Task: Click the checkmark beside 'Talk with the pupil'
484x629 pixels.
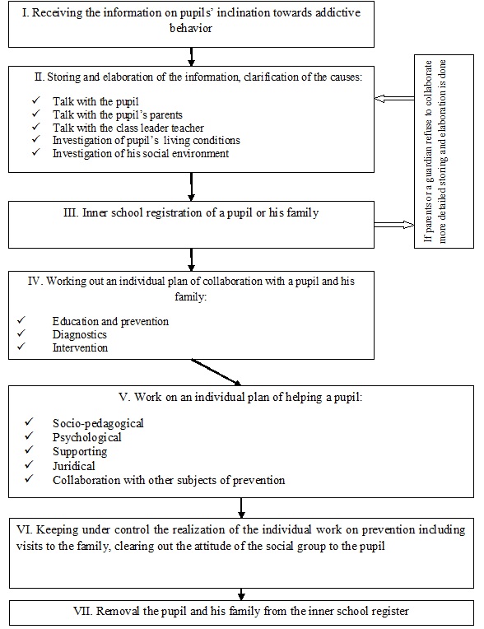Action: click(36, 100)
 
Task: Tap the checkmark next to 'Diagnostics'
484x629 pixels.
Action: click(21, 333)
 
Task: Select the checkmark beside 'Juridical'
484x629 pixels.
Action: click(29, 464)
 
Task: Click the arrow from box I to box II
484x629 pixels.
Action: click(191, 57)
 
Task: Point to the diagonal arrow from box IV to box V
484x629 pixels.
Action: click(216, 372)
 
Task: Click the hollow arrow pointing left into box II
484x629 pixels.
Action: click(394, 98)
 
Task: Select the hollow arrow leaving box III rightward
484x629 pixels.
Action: click(394, 225)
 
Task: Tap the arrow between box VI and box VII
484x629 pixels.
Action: click(241, 594)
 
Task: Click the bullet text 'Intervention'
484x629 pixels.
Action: click(80, 347)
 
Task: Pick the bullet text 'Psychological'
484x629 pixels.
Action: click(87, 437)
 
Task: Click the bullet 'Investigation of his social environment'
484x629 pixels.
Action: click(141, 153)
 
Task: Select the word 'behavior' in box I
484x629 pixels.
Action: click(191, 28)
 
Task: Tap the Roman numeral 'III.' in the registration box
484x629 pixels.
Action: click(71, 212)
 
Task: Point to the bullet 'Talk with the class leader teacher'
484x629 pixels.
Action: click(128, 128)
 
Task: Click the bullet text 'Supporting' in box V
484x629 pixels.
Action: click(80, 452)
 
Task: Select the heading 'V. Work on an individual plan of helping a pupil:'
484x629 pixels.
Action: click(240, 397)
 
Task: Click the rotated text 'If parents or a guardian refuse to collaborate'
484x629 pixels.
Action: click(428, 151)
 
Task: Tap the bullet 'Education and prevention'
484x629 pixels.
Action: click(110, 321)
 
